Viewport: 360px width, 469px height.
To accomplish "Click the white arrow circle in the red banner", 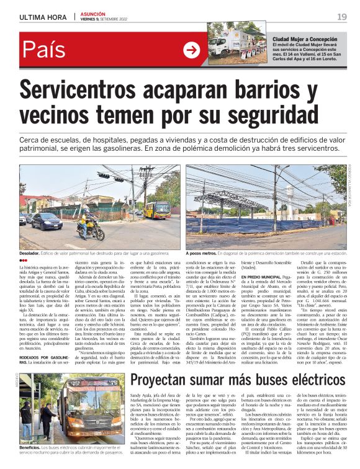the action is coord(192,50).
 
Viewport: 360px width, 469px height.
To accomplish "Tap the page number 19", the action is coord(342,17).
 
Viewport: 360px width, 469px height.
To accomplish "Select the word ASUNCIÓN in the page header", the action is coord(94,13).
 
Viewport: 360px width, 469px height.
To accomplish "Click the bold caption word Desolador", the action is coord(32,253).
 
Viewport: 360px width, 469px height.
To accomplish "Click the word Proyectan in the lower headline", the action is coord(166,363).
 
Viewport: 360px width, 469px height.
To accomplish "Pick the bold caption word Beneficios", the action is coord(32,447).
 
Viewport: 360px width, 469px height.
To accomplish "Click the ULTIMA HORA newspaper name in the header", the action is coord(43,17).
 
